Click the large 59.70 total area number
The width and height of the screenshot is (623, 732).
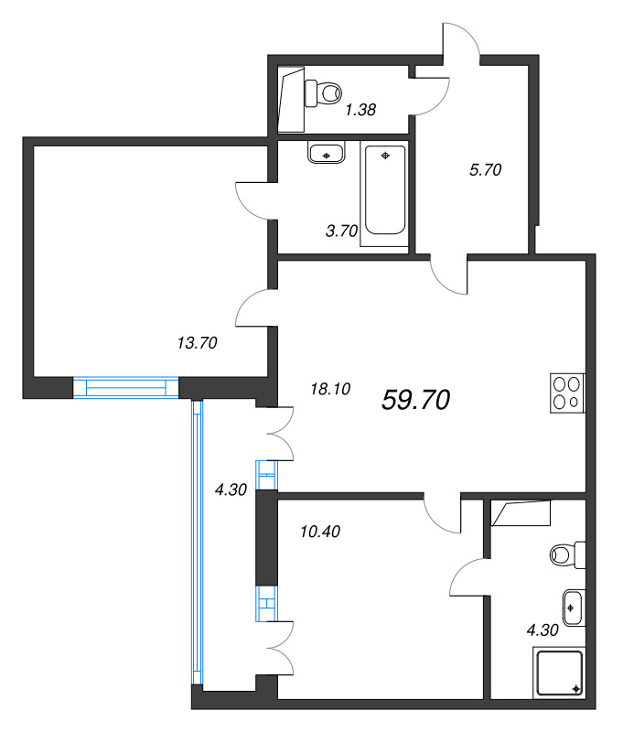tap(415, 399)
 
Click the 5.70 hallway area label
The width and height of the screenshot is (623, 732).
tap(484, 169)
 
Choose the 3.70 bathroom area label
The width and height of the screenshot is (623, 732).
tap(340, 231)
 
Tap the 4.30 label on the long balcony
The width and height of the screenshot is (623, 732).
tap(231, 490)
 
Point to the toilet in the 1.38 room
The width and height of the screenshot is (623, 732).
tap(323, 91)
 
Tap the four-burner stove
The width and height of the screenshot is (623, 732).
tap(567, 393)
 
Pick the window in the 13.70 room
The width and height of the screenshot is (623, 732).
tap(125, 387)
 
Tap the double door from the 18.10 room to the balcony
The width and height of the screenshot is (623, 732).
tap(278, 434)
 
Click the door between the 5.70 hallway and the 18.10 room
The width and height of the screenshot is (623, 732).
tap(449, 274)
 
